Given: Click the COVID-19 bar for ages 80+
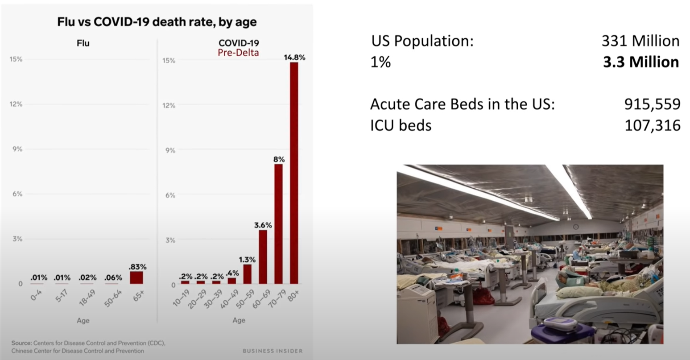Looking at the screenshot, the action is (294, 173).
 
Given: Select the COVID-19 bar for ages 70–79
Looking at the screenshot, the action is (278, 224).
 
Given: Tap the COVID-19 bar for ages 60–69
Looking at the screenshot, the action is (263, 257).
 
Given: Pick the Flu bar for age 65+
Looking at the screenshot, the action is (136, 277).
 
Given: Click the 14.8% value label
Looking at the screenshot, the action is (294, 58).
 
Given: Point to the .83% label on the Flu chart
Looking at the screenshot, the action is (137, 267).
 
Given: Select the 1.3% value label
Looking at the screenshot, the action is (247, 260).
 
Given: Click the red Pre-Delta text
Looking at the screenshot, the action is (238, 53).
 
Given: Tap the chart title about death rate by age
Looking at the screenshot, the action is (157, 22).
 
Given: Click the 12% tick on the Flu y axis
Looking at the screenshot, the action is (16, 104).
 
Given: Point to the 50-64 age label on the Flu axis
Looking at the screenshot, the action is (113, 298).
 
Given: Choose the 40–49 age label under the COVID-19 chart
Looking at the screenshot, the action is (230, 299).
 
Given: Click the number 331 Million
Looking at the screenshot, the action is (640, 41).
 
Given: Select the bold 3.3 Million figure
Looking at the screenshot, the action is (641, 62).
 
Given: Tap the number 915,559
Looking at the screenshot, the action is (652, 104).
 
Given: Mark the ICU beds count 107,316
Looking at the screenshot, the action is (652, 125).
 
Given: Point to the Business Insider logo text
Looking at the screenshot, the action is (273, 351).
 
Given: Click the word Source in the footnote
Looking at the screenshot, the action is (21, 343).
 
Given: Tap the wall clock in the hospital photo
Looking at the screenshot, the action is (576, 227).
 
